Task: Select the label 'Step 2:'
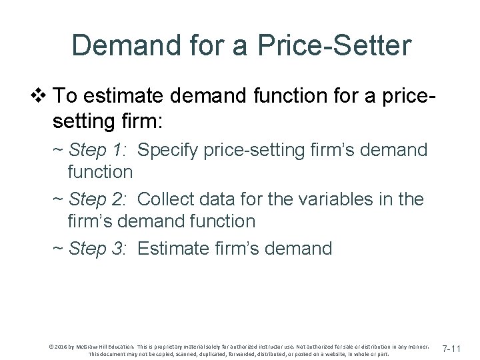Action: point(101,199)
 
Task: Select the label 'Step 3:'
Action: point(101,249)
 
